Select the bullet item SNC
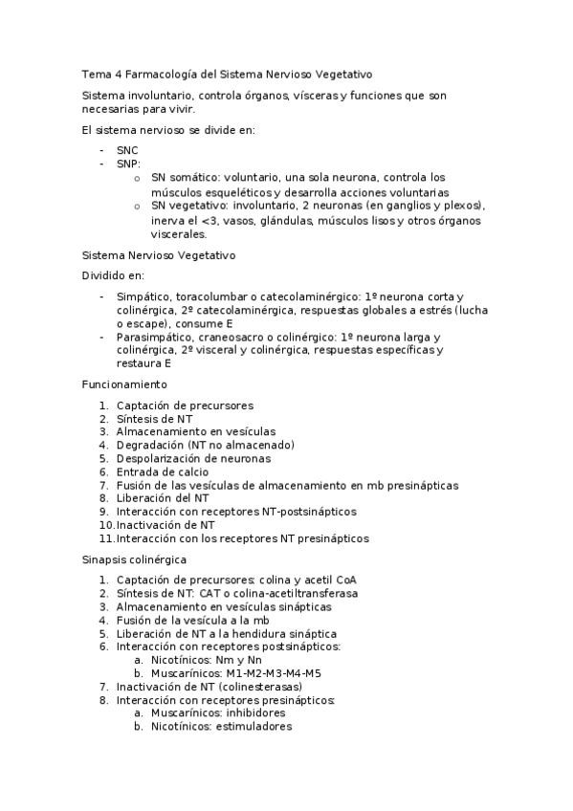click(x=127, y=150)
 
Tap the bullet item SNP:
click(x=128, y=164)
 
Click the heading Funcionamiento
click(x=123, y=384)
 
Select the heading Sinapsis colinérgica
click(x=134, y=559)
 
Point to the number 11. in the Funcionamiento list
click(x=107, y=538)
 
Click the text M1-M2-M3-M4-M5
click(x=268, y=673)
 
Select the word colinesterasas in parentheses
click(x=260, y=687)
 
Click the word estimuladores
click(x=252, y=727)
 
